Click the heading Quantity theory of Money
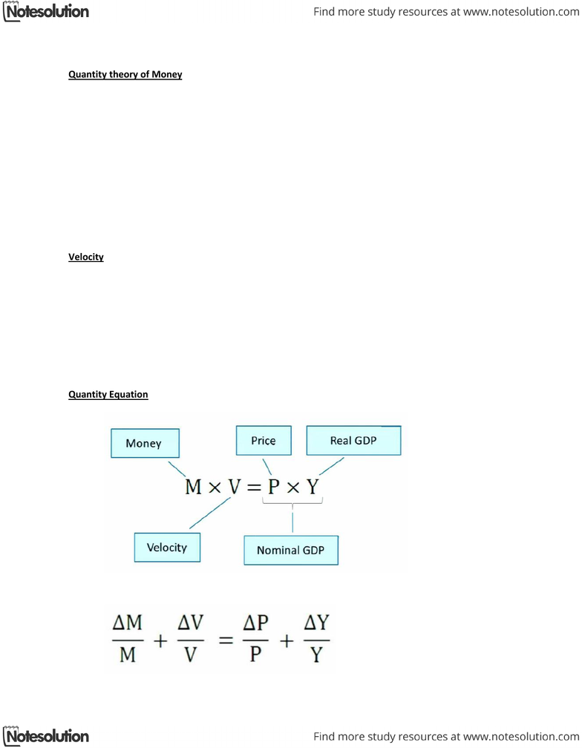[125, 74]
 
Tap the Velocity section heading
[86, 257]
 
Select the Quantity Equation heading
[108, 395]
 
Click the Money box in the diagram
[145, 443]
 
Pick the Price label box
[264, 440]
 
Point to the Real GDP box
[353, 440]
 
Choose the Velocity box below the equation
[167, 547]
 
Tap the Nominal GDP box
[291, 550]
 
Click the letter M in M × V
[193, 487]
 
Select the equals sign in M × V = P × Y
[255, 488]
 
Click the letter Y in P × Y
[313, 487]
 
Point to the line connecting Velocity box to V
[210, 513]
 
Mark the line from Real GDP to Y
[332, 466]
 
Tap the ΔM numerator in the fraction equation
[128, 623]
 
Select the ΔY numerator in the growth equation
[317, 623]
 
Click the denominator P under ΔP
[255, 654]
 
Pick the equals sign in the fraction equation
[226, 640]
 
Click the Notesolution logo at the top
[46, 11]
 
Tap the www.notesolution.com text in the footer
[521, 737]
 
